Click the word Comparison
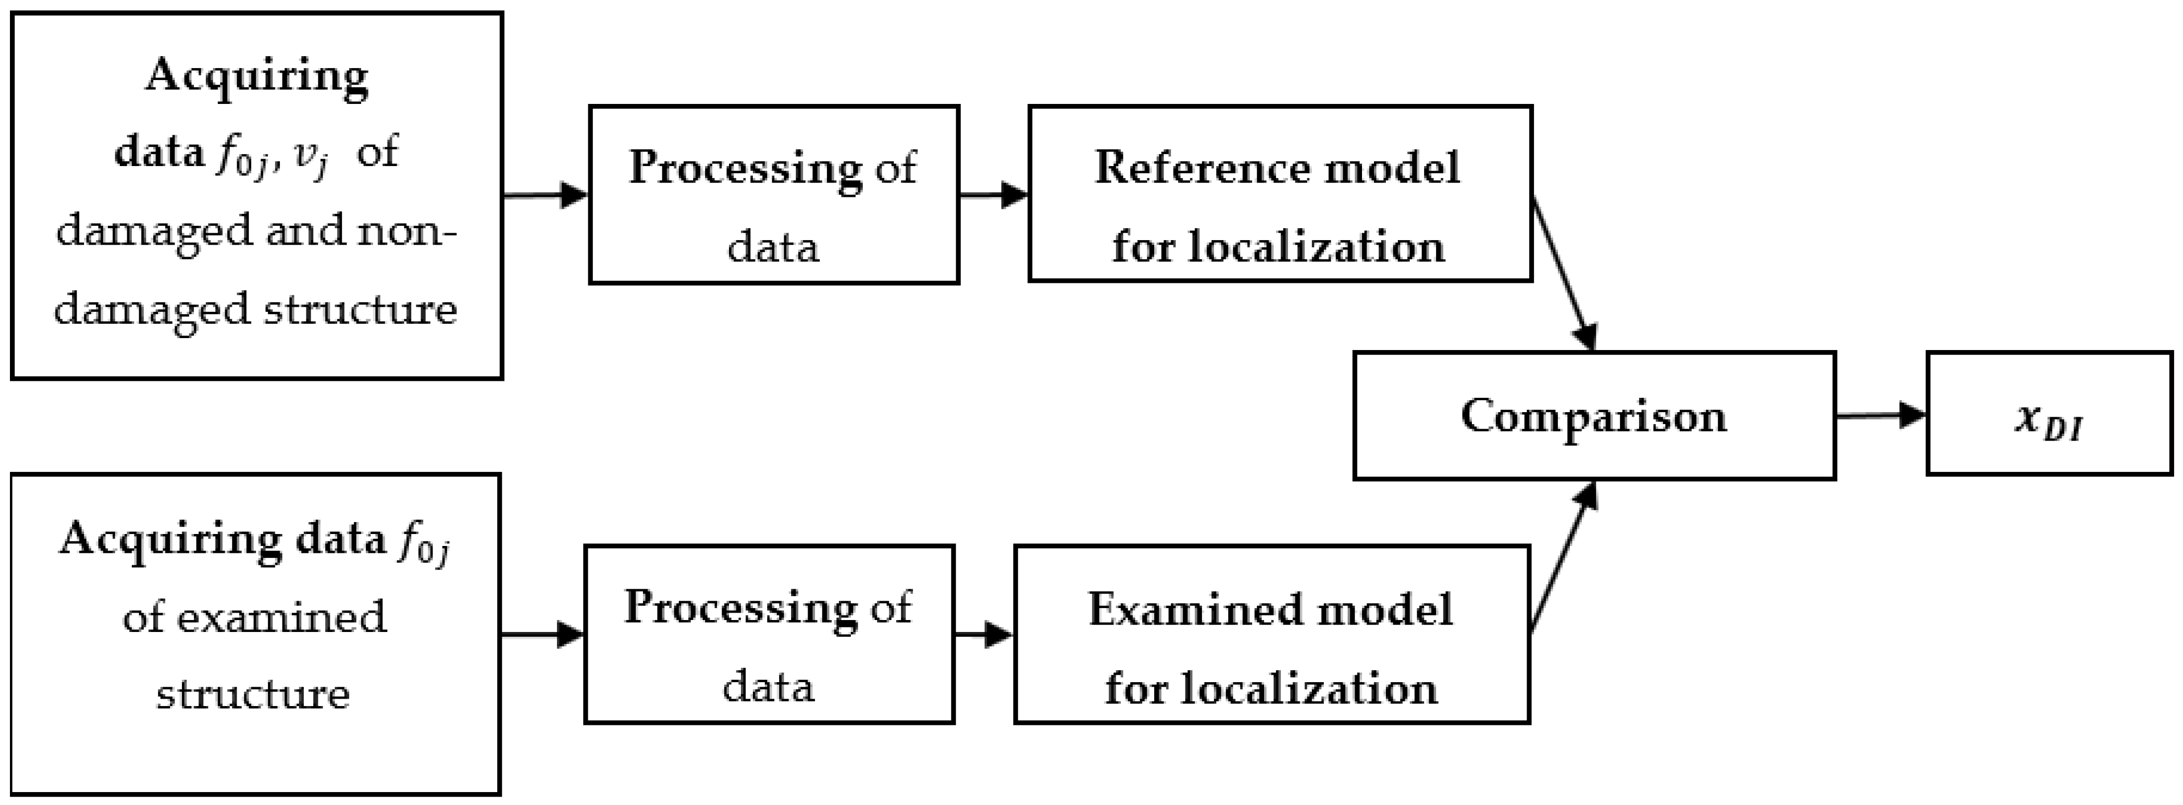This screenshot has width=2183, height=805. click(x=1593, y=416)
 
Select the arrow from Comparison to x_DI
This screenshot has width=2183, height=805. click(x=1880, y=415)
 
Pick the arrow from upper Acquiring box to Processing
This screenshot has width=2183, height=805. click(x=545, y=195)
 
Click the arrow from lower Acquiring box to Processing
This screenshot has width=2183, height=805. click(x=543, y=634)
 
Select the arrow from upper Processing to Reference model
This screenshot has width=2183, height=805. click(x=993, y=195)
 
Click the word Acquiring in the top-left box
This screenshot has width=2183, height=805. click(x=257, y=76)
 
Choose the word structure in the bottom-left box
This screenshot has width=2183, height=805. click(x=253, y=694)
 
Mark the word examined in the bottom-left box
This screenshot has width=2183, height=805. click(x=281, y=617)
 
